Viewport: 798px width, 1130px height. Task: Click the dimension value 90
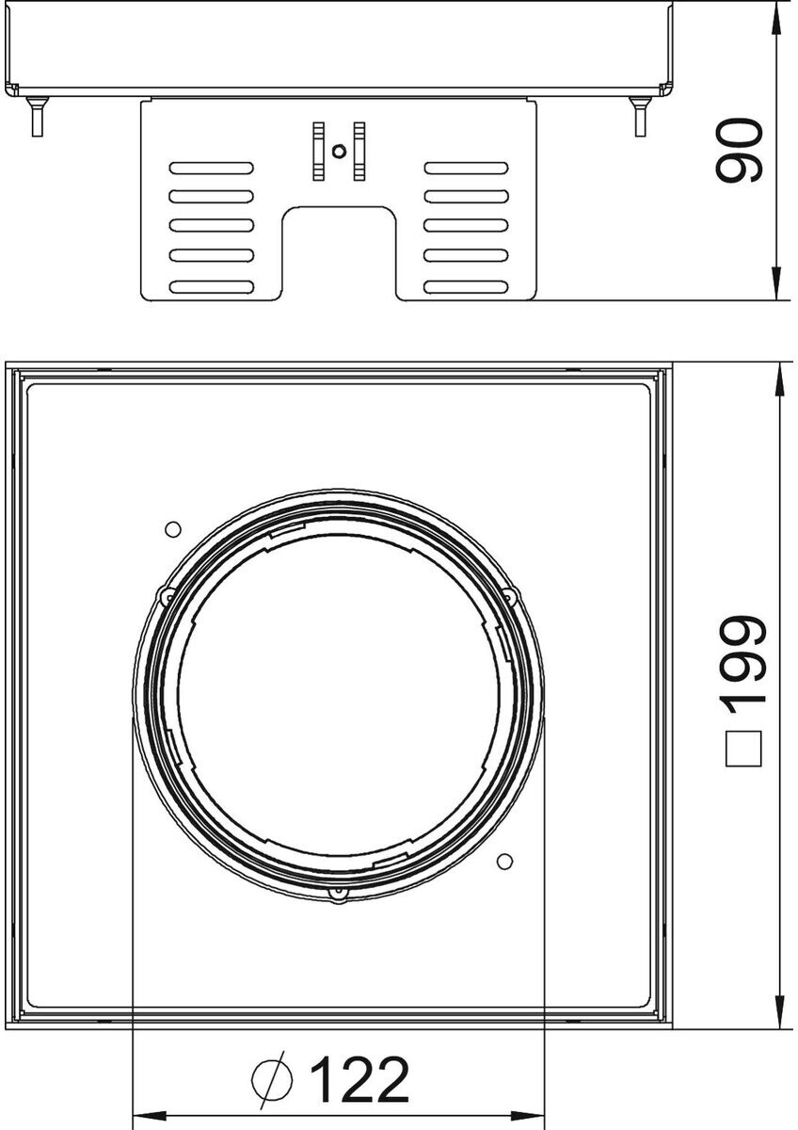coord(740,150)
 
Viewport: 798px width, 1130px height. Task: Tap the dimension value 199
coord(743,661)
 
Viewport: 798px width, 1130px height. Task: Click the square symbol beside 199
coord(743,749)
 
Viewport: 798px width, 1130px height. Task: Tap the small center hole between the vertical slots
coord(339,151)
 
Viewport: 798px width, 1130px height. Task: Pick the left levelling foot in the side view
coord(37,117)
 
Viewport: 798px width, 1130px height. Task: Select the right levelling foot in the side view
coord(640,117)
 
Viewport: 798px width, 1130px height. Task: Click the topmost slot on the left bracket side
coord(211,168)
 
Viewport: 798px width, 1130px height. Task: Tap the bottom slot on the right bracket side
coord(467,287)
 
